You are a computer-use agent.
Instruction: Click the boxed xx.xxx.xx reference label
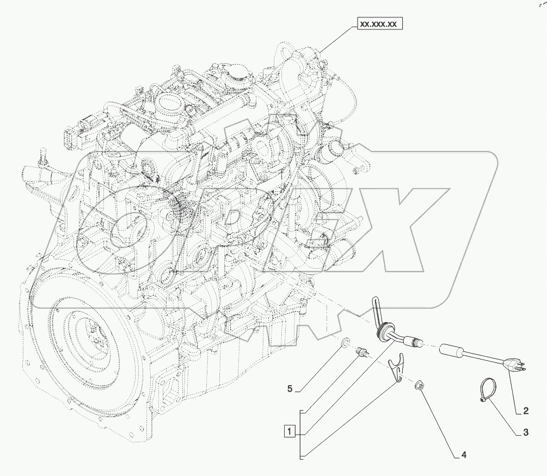(379, 24)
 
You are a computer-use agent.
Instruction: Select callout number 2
(526, 410)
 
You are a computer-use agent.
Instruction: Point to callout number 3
(526, 432)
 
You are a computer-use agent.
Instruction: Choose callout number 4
(464, 455)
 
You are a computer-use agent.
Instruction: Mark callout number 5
(290, 388)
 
